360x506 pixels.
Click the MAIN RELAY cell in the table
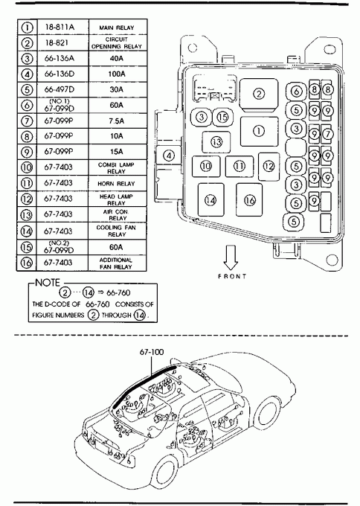(117, 28)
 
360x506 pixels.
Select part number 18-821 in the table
(57, 43)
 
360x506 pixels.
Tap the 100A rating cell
(117, 74)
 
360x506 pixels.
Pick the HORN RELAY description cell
(117, 184)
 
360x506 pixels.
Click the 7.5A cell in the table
(117, 121)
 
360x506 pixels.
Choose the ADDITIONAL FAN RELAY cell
(116, 263)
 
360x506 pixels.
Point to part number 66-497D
(60, 89)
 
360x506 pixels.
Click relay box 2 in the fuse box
(259, 94)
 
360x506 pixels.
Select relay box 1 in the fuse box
(259, 132)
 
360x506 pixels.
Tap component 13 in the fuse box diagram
(216, 142)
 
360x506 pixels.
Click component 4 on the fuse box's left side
(169, 156)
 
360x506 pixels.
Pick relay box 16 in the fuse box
(249, 200)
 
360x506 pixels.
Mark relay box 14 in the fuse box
(210, 200)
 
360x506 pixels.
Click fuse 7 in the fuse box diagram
(327, 134)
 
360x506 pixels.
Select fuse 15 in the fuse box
(222, 117)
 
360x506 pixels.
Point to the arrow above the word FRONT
(231, 257)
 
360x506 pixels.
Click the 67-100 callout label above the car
(152, 352)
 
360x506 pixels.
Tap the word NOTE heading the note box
(48, 283)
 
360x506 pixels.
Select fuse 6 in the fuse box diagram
(296, 92)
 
